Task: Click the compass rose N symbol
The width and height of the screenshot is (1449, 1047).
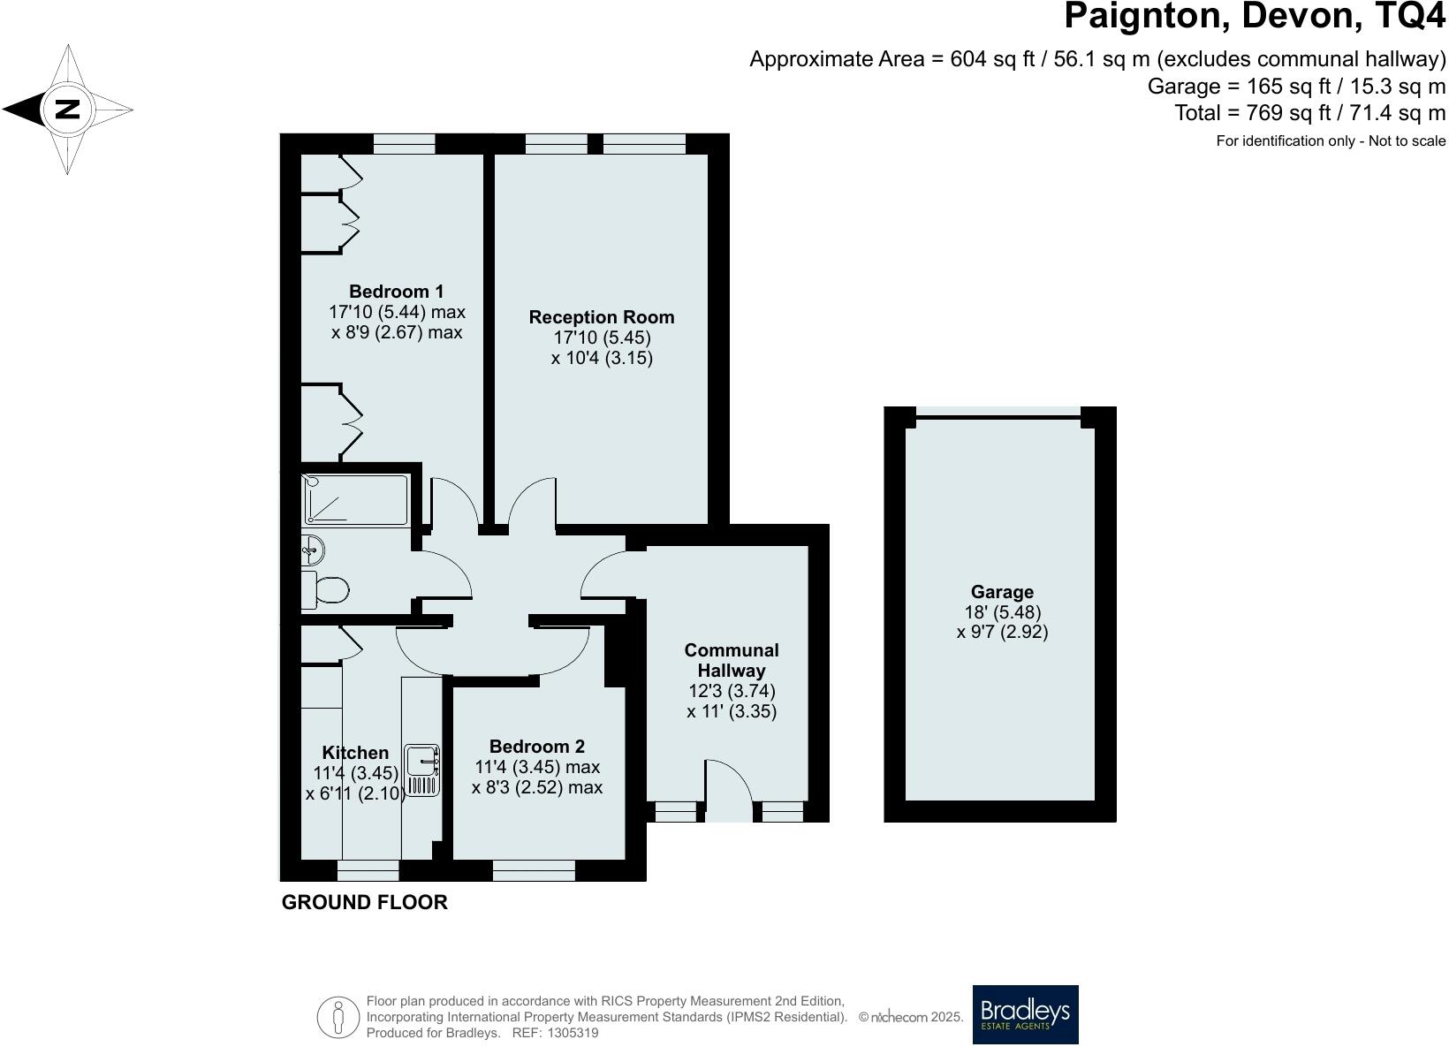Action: [x=68, y=110]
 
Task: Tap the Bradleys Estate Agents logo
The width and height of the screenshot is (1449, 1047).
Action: [x=1025, y=1014]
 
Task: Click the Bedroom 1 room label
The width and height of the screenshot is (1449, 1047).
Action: [x=396, y=292]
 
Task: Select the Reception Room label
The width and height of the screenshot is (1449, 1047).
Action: [x=601, y=317]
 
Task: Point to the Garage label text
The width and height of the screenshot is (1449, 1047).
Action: [x=1002, y=592]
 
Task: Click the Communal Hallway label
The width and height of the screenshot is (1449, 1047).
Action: [x=732, y=660]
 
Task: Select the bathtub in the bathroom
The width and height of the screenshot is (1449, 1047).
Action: [x=355, y=500]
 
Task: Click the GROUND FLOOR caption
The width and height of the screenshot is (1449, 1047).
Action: [x=364, y=902]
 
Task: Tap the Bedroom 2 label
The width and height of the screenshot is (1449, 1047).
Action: [x=536, y=747]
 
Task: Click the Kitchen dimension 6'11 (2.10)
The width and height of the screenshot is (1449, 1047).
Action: [x=355, y=793]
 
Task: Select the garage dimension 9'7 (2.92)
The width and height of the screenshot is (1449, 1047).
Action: [x=1002, y=632]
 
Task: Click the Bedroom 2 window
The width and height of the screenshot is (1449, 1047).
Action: [x=534, y=872]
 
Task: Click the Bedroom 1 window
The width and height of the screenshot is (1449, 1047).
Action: [x=404, y=143]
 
